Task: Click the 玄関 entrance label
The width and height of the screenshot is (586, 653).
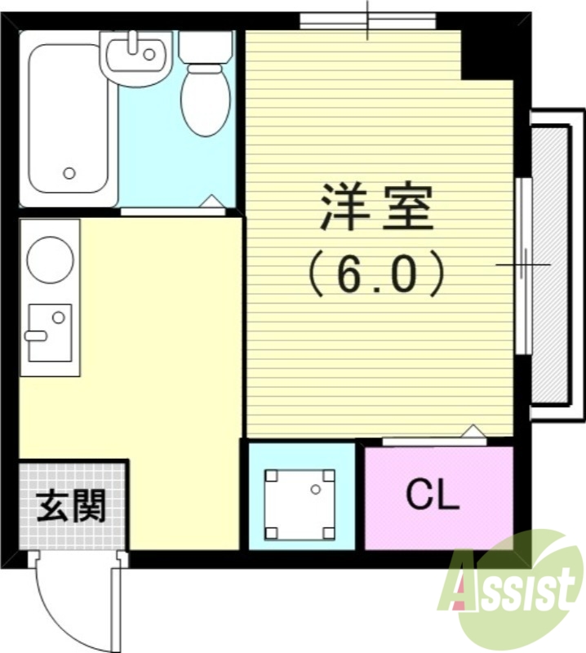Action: (x=72, y=507)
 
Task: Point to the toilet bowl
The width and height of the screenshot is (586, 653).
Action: (x=205, y=100)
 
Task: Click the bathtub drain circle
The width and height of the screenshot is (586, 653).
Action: (x=70, y=173)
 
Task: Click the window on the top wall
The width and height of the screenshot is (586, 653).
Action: (x=366, y=21)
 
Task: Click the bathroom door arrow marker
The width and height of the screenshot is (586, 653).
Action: (x=210, y=202)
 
